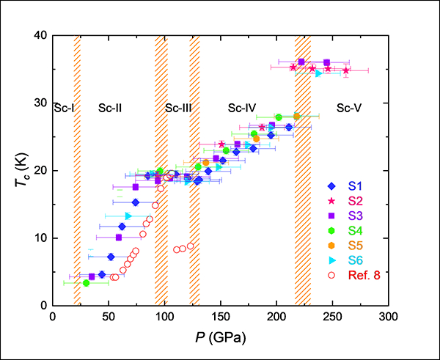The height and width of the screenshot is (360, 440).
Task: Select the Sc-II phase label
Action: [x=110, y=108]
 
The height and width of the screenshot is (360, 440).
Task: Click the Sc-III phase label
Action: [x=178, y=108]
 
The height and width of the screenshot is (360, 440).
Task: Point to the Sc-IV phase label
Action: [x=241, y=108]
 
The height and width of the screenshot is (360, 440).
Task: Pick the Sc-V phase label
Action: [x=348, y=108]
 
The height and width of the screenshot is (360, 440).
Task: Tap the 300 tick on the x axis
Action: [x=389, y=316]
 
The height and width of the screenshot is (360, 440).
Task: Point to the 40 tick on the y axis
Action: [x=41, y=35]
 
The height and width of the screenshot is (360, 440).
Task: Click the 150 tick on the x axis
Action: [x=220, y=316]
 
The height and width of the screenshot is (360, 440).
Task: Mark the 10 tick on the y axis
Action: [x=41, y=238]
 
